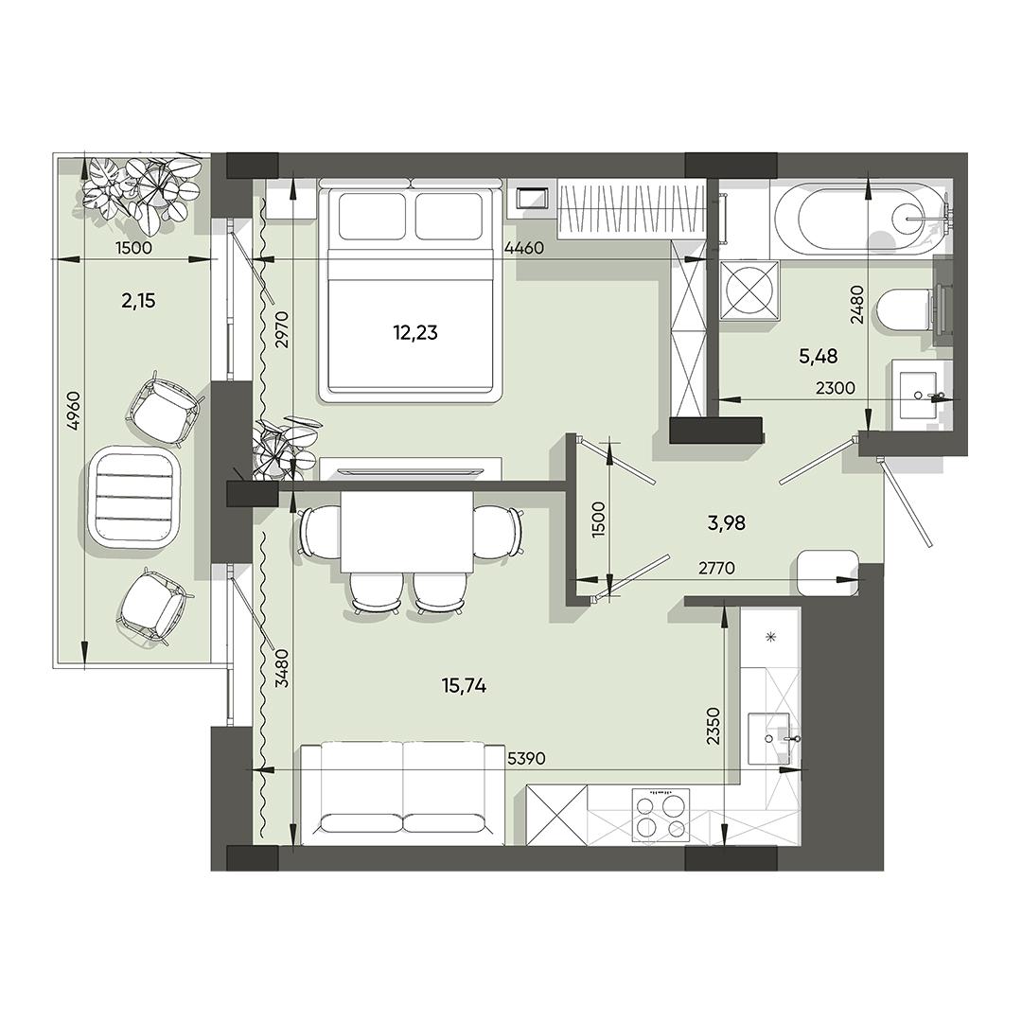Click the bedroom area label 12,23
point(415,333)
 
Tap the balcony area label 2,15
point(138,301)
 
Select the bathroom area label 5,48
point(818,356)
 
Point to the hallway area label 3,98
point(726,522)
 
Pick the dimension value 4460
point(524,248)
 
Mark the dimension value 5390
point(525,759)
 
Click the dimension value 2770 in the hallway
point(716,569)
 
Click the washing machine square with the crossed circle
point(750,291)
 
